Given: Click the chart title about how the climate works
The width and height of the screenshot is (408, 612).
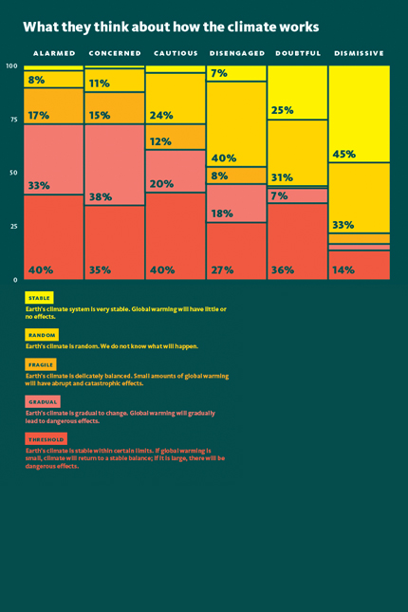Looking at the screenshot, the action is point(171,28).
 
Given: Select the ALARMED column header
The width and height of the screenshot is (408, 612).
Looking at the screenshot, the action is point(54,53).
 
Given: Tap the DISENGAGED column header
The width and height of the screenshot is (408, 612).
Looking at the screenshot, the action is point(237,53).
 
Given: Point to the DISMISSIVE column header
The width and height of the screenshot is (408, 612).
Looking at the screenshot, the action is point(360,53).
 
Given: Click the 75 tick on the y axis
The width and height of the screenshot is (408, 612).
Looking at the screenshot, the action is point(13,120).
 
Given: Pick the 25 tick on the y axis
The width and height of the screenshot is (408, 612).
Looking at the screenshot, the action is point(13,227).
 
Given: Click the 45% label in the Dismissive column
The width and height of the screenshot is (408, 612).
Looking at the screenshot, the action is point(344,154).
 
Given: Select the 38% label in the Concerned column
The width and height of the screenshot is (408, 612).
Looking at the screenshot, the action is point(101,196).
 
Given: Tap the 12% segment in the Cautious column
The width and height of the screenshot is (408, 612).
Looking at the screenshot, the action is point(176,137).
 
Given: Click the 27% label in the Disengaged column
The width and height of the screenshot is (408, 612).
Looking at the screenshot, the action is point(223,269).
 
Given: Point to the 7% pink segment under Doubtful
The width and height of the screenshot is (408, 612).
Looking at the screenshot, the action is point(298,195).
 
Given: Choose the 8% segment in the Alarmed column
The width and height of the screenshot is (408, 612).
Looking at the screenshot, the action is point(53,80).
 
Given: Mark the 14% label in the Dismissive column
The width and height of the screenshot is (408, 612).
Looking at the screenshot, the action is point(343,269).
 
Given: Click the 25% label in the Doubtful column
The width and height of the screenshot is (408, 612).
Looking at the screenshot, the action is point(283,110).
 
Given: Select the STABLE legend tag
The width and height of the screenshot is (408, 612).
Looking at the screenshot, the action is point(39,298).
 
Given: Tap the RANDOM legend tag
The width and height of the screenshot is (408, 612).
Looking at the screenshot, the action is point(42,335).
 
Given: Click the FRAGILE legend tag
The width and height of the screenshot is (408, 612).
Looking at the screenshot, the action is point(41,364).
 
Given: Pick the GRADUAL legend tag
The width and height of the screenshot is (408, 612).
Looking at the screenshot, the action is point(43,401).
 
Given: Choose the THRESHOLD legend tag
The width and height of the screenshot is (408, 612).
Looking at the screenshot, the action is point(46,439).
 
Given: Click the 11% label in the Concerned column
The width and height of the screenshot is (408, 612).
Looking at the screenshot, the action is point(100,83).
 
